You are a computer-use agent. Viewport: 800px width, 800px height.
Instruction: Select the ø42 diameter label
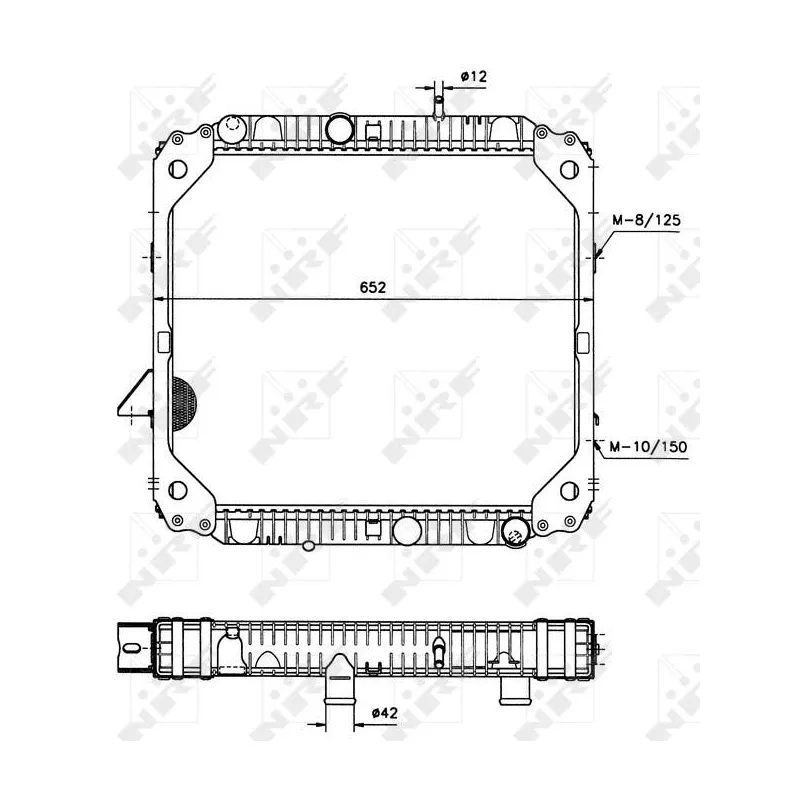(385, 713)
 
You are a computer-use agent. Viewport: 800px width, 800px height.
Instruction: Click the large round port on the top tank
(339, 128)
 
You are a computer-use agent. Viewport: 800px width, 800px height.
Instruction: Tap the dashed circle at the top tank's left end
(232, 127)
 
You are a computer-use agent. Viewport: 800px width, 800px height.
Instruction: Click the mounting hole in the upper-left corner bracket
(180, 169)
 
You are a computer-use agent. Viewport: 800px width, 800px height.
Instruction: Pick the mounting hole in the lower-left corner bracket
(180, 490)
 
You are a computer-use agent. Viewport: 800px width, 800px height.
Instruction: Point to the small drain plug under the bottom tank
(309, 546)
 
